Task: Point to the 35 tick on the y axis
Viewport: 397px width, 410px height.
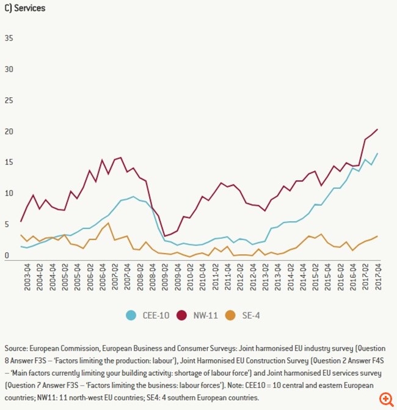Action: [9, 38]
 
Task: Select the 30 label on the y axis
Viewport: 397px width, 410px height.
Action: [9, 69]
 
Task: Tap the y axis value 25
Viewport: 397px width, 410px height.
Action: [9, 100]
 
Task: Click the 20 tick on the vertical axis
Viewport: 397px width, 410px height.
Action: [9, 131]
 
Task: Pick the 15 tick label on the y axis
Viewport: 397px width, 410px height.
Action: [9, 162]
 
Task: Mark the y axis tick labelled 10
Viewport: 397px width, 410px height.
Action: [9, 193]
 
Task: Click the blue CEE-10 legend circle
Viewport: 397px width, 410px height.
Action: [131, 315]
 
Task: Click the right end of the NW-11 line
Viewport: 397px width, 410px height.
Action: [377, 129]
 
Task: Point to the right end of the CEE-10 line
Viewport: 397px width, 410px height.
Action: [377, 153]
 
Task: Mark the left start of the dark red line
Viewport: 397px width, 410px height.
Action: [21, 221]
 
